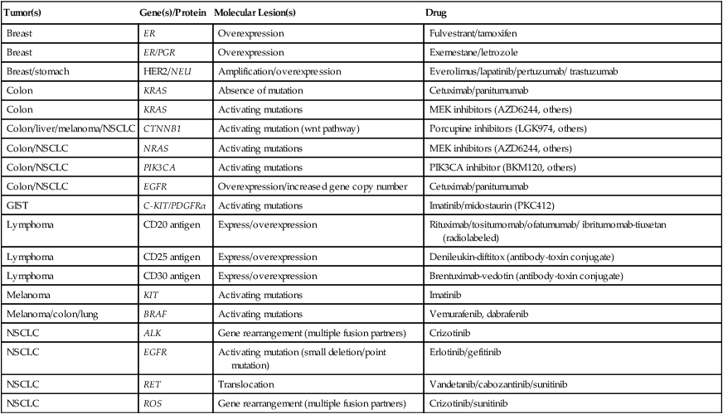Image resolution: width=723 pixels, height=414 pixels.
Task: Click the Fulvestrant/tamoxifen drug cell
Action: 472,34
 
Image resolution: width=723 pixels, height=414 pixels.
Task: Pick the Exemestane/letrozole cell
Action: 468,53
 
